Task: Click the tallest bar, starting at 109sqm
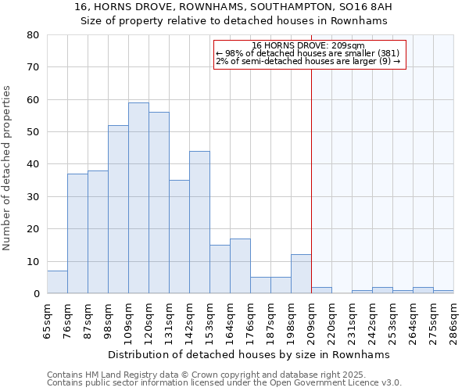[138, 198]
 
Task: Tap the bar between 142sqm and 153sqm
[199, 222]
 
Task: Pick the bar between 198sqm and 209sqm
[301, 274]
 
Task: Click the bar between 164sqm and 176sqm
[240, 266]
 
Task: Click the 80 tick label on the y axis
[33, 35]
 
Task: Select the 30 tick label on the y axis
[33, 197]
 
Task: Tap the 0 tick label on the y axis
[36, 294]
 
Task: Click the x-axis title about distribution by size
[249, 354]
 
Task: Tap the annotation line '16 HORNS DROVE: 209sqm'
[310, 45]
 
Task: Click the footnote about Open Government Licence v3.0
[224, 382]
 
